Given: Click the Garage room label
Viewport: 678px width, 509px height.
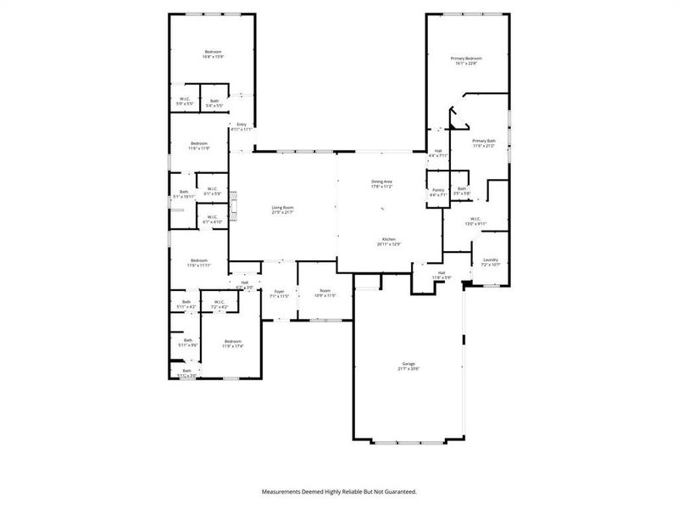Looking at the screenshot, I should tap(408, 363).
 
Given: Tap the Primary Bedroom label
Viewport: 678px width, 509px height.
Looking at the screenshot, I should tap(467, 58).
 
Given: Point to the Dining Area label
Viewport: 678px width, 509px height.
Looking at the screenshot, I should tap(381, 182).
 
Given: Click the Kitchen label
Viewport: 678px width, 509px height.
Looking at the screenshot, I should tap(388, 239).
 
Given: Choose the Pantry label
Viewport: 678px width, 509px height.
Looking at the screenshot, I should tap(438, 190).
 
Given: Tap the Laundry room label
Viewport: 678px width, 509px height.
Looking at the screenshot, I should tap(491, 260).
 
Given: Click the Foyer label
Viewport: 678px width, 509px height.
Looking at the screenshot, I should tap(280, 292).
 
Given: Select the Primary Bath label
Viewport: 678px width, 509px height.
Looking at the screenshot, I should tap(484, 141).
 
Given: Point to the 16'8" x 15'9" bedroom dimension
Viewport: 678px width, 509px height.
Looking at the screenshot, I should tap(213, 58).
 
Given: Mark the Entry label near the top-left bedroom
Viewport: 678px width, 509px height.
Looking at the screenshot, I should tap(242, 125).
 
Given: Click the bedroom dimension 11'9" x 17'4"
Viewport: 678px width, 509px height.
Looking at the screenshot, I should tap(232, 346).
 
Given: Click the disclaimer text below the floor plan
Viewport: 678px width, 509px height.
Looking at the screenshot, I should tap(339, 491).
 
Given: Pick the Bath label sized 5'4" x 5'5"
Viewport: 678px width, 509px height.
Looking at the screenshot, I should tap(214, 104).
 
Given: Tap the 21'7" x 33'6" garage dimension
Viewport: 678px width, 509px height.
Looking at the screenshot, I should tap(408, 369).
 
